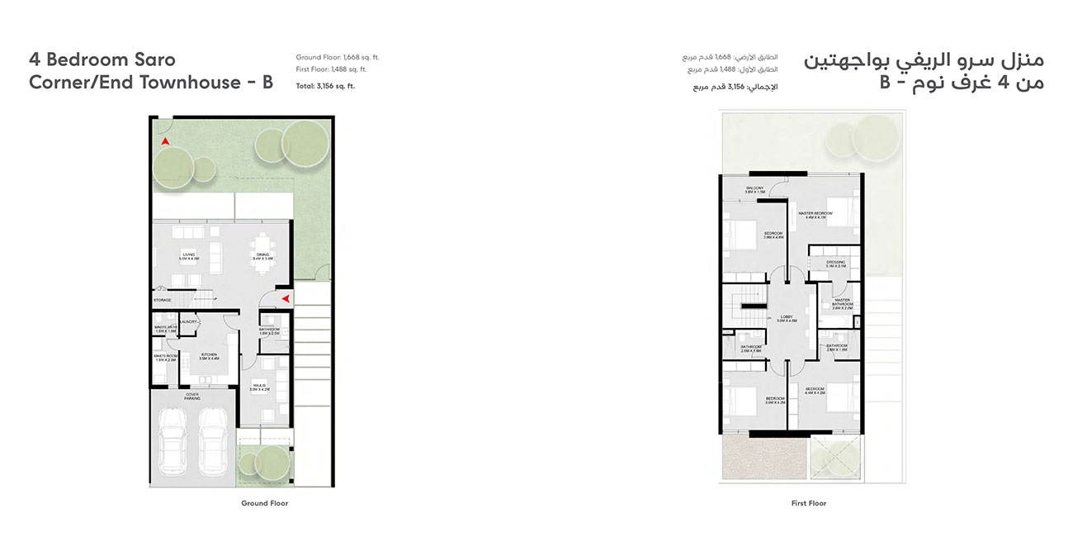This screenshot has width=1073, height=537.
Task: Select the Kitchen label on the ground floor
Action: [x=208, y=356]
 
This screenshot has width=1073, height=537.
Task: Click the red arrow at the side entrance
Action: [x=284, y=298]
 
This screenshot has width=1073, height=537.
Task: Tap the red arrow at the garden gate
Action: [x=165, y=142]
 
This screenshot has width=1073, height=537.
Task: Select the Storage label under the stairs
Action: [x=162, y=300]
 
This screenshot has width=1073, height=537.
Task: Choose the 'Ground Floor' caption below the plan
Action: [x=264, y=503]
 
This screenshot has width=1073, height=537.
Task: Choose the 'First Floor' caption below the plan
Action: [x=808, y=503]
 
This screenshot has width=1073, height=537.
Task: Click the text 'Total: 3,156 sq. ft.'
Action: [x=325, y=86]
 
